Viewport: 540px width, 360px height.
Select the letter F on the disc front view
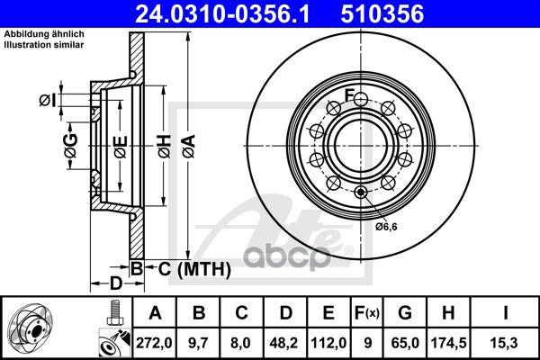[348, 96]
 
